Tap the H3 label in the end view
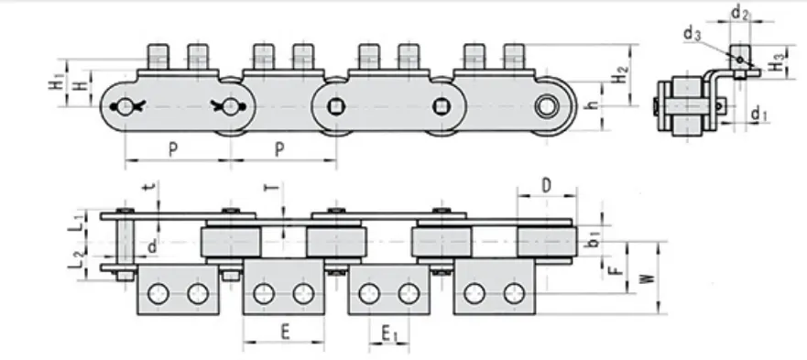pos(776,65)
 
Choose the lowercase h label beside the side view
pos(592,105)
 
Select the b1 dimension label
pos(594,239)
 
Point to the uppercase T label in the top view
pos(269,190)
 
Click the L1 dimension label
pos(81,223)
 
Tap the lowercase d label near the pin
pos(151,245)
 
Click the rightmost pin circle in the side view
pos(549,104)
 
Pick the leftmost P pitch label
pos(173,149)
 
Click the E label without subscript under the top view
pos(285,333)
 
